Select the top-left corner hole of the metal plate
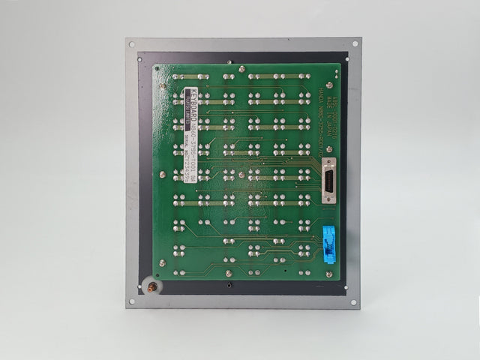click(x=132, y=44)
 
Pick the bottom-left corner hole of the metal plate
click(x=132, y=301)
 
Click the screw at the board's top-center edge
click(x=241, y=70)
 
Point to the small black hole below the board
click(x=229, y=286)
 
